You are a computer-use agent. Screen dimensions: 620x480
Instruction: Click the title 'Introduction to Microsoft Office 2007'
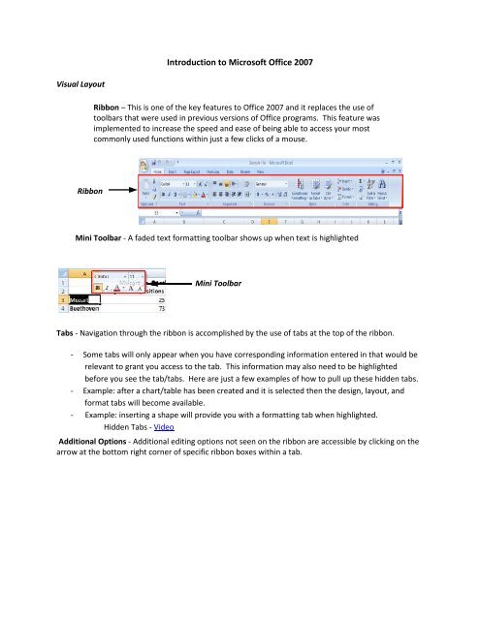pos(239,64)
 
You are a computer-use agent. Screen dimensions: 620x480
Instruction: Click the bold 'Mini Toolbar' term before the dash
pos(106,235)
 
